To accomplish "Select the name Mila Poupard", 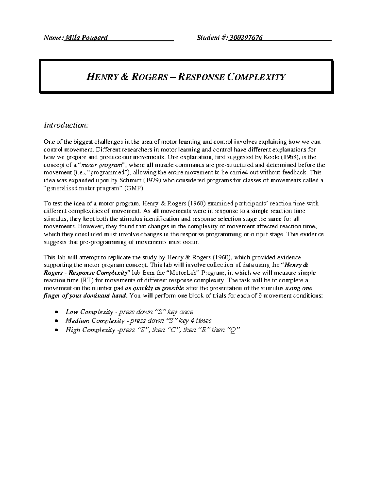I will pos(86,38).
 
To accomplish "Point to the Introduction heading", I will pos(66,125).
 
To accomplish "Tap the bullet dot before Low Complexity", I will pos(56,312).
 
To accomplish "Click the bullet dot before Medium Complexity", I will pos(56,321).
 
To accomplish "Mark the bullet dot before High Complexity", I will pos(56,330).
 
